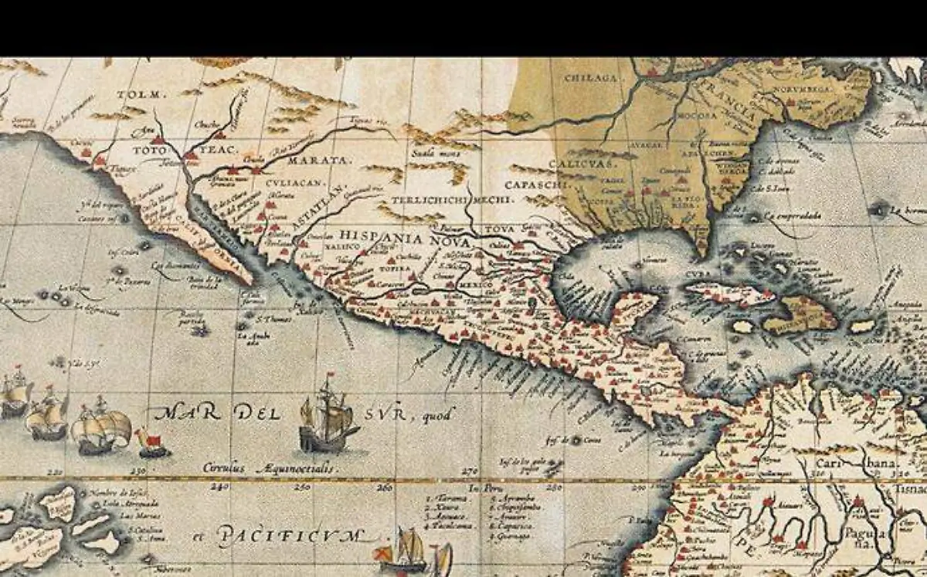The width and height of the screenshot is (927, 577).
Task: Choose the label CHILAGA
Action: tap(593, 78)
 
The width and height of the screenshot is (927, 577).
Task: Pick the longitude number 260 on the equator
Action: tap(385, 487)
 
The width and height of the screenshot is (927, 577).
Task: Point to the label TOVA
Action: tap(501, 229)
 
